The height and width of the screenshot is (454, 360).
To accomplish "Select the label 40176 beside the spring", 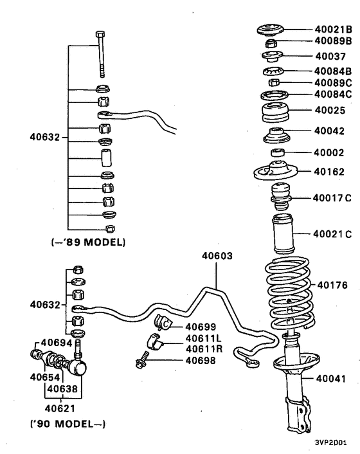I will pos(332,284).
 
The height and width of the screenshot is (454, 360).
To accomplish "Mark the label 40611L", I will pos(205,338).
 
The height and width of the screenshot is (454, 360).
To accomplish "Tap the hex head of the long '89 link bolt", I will pos(99,35).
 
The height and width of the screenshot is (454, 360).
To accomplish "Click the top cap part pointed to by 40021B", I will pos(273,30).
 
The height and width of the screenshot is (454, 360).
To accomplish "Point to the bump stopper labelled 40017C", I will pos(281,197).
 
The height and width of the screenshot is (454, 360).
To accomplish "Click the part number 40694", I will pos(56,343).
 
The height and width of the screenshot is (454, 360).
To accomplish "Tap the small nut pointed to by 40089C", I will pos(273,83).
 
